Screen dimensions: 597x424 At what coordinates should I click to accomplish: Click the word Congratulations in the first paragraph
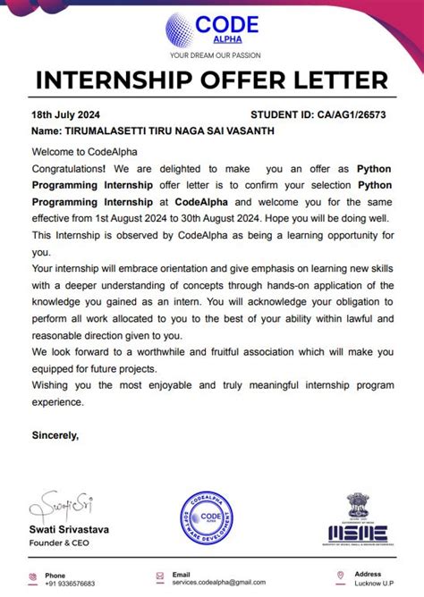[68, 167]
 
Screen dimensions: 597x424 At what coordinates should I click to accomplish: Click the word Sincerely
[55, 436]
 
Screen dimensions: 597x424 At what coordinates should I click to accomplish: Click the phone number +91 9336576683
[70, 584]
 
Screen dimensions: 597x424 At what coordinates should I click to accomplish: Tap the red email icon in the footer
[158, 578]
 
